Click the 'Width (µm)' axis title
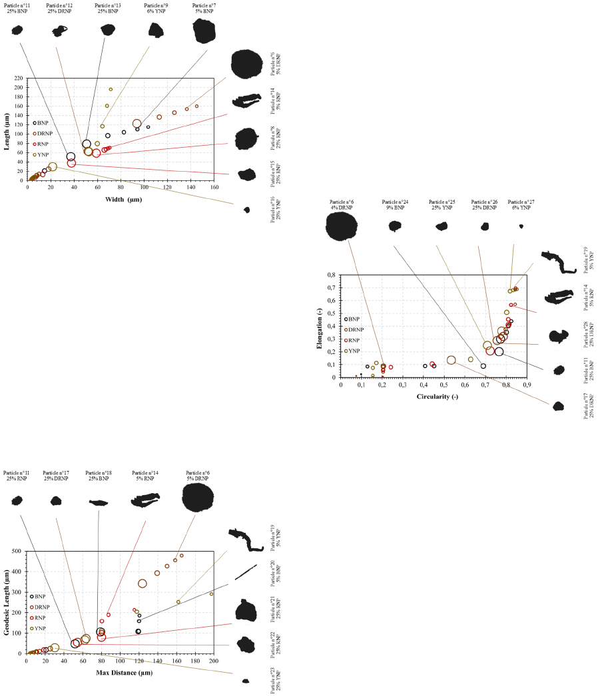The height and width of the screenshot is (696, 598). click(123, 199)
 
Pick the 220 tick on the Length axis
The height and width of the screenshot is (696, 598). click(19, 78)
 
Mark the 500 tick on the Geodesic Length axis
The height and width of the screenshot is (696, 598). click(17, 551)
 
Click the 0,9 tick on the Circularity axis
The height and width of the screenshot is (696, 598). click(526, 385)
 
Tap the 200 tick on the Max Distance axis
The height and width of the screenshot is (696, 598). click(213, 661)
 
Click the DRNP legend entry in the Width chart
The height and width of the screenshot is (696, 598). click(41, 133)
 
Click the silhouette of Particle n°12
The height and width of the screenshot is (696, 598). click(60, 30)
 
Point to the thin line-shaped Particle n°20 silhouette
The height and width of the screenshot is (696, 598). click(245, 572)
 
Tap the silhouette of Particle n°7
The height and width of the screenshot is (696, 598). click(204, 31)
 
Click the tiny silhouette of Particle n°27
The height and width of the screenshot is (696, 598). click(521, 226)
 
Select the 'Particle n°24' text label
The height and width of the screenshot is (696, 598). click(395, 201)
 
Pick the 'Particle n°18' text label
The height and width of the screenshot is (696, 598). click(99, 472)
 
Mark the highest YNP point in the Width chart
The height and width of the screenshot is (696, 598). click(111, 89)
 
